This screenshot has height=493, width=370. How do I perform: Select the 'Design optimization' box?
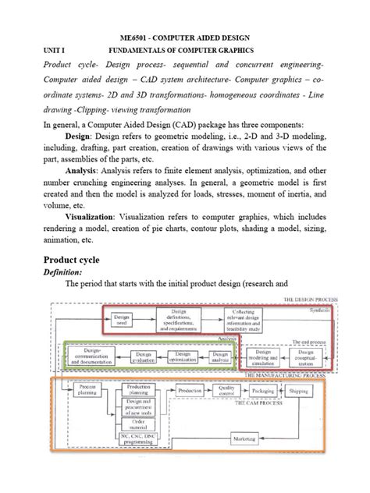(182, 356)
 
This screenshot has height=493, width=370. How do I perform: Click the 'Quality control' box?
(226, 389)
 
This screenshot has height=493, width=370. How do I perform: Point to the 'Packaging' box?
(263, 389)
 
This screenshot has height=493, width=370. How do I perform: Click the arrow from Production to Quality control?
(207, 389)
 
